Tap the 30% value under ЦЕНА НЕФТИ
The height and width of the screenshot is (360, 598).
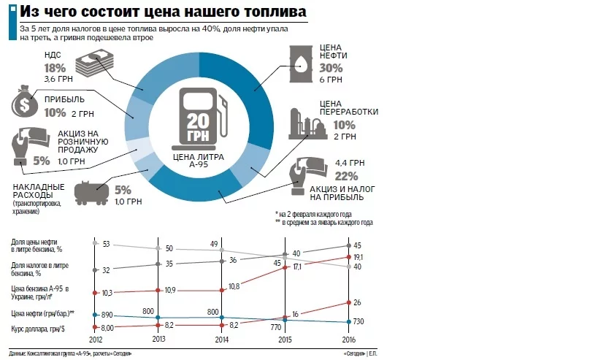coord(331,68)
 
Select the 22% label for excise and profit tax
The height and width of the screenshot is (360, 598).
coord(346,176)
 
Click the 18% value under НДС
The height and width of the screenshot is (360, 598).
coord(55,67)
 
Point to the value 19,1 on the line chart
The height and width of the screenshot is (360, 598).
coord(359,257)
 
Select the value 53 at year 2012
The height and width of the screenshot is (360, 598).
coord(106,243)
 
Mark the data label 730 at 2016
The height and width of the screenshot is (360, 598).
coord(359,322)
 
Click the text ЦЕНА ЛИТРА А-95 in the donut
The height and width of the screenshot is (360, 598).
coord(200,160)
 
